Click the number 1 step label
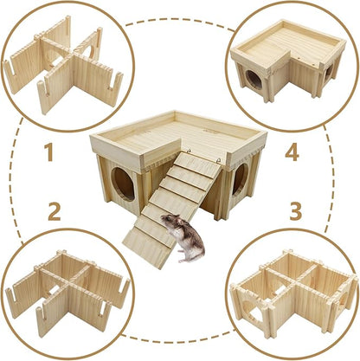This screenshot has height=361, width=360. point(48,155)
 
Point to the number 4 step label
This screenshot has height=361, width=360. point(292,154)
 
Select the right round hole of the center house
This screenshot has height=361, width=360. point(239,178)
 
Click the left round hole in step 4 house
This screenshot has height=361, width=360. point(254,78)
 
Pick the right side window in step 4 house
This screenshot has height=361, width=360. point(328,71)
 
